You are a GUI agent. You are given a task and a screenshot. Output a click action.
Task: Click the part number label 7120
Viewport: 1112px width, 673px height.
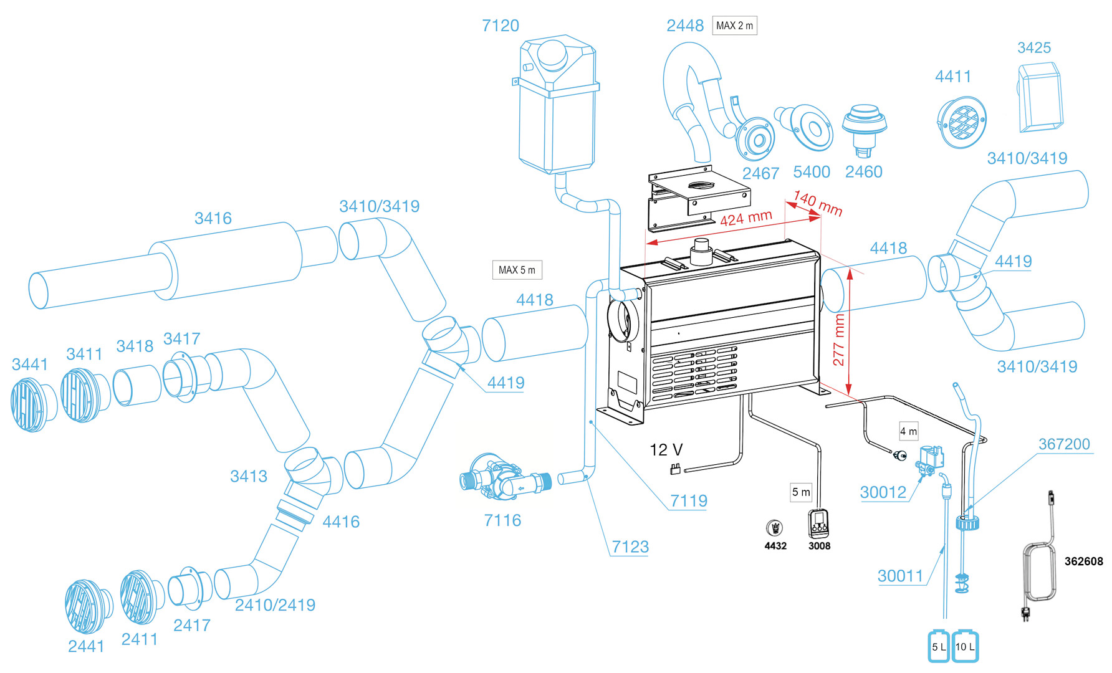click(x=500, y=26)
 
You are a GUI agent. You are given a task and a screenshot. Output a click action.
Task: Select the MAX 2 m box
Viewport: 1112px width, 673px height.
click(x=734, y=26)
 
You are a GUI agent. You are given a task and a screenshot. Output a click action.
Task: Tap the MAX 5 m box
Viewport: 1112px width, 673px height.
click(x=517, y=270)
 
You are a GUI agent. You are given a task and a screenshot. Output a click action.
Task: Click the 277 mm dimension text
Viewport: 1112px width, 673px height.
click(x=839, y=340)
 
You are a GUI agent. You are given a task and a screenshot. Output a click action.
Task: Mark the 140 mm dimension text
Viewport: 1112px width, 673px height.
click(x=818, y=203)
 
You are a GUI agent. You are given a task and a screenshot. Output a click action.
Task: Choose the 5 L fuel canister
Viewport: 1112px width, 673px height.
click(x=938, y=646)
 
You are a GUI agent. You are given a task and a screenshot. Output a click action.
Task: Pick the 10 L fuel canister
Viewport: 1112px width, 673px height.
click(x=965, y=646)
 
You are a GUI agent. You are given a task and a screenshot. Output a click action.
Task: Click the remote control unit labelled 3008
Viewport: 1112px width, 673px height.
click(x=819, y=524)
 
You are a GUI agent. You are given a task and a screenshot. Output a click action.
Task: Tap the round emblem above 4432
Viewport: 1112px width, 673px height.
click(x=775, y=528)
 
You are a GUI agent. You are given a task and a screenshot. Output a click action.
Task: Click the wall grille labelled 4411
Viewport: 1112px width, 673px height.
click(x=962, y=123)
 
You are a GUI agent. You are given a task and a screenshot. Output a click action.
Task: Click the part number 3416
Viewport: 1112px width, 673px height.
click(x=213, y=218)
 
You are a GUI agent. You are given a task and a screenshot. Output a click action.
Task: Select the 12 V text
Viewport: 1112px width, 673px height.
click(x=666, y=450)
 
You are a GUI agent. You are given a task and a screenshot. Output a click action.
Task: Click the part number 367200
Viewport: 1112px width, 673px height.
click(x=1064, y=444)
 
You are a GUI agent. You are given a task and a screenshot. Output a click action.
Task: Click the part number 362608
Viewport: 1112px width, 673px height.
click(x=1083, y=561)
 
